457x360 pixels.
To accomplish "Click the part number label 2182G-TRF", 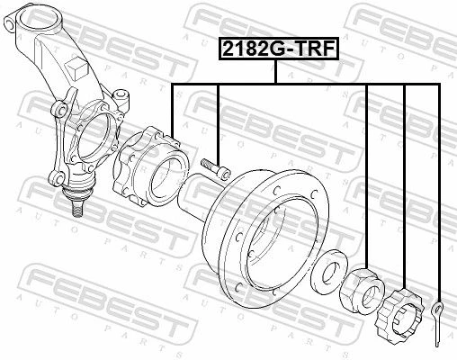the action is tap(279, 49).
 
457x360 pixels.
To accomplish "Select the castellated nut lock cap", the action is tap(399, 315).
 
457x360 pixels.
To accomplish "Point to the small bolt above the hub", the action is tap(215, 168).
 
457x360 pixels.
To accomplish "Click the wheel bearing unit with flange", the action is tap(150, 167).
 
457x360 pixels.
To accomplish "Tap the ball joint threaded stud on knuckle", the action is tap(77, 208).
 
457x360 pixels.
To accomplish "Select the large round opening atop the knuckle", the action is tap(38, 19).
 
